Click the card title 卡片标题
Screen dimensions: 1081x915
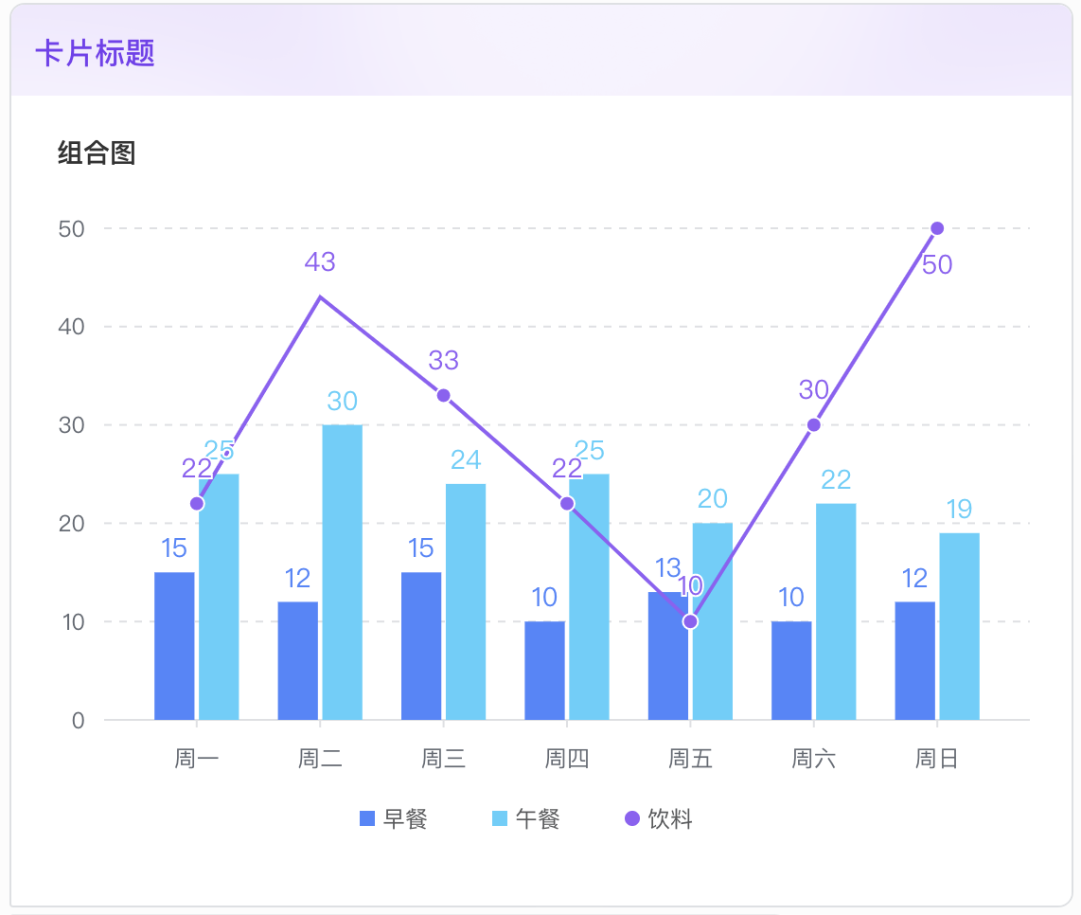[96, 53]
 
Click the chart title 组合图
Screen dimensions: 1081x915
[97, 152]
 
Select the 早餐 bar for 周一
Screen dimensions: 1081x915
[174, 646]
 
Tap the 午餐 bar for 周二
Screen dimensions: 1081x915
[342, 572]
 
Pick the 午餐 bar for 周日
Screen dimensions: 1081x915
[959, 626]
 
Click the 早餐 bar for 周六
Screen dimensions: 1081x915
[791, 670]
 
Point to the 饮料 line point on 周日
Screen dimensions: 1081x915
[937, 228]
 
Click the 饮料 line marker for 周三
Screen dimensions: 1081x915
[443, 395]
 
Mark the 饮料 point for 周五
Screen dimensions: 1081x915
[690, 621]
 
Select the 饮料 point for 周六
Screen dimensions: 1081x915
[813, 425]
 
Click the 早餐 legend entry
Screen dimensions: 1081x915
[394, 819]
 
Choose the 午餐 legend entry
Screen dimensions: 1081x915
[526, 819]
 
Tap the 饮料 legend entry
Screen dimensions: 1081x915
[659, 819]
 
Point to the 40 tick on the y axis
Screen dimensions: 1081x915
[72, 327]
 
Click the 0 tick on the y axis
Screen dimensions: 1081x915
[78, 721]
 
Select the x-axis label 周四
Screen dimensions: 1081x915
[567, 759]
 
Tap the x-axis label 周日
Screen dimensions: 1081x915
[937, 759]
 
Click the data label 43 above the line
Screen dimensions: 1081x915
[320, 262]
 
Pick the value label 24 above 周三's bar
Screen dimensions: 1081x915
[466, 460]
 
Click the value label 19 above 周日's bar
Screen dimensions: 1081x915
[959, 510]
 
